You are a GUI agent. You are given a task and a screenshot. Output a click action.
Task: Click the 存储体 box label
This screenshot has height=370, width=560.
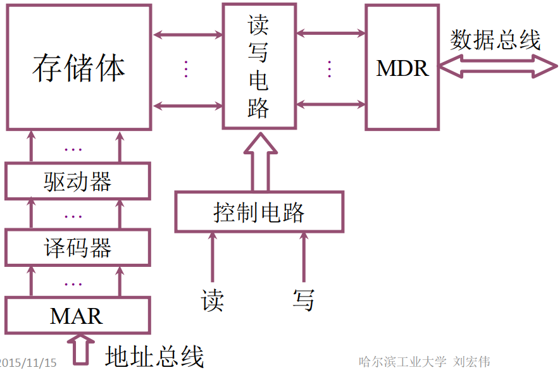(x=79, y=68)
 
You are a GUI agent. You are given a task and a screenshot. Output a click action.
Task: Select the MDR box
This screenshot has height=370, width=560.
(x=402, y=68)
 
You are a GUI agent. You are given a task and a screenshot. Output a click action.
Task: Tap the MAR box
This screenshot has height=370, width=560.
(x=77, y=315)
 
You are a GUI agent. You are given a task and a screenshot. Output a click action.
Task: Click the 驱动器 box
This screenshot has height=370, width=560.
(x=77, y=182)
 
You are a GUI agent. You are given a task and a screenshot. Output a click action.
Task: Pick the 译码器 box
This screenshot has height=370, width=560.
(x=77, y=247)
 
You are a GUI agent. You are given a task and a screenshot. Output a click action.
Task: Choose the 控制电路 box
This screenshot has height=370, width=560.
(x=259, y=212)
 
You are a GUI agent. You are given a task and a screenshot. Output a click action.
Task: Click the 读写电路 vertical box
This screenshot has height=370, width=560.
(x=259, y=66)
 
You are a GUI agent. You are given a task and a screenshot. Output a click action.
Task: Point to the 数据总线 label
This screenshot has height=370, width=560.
(x=495, y=40)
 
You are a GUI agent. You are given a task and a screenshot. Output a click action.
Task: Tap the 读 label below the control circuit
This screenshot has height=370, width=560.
(x=213, y=300)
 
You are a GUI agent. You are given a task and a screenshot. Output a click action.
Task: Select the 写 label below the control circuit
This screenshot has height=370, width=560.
(x=303, y=300)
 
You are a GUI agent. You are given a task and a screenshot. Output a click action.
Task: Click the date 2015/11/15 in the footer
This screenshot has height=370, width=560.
(x=28, y=362)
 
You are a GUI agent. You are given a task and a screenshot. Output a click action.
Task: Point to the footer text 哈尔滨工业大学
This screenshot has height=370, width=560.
(x=402, y=362)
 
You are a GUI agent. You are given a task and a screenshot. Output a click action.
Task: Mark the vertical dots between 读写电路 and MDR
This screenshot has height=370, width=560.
(x=330, y=68)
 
